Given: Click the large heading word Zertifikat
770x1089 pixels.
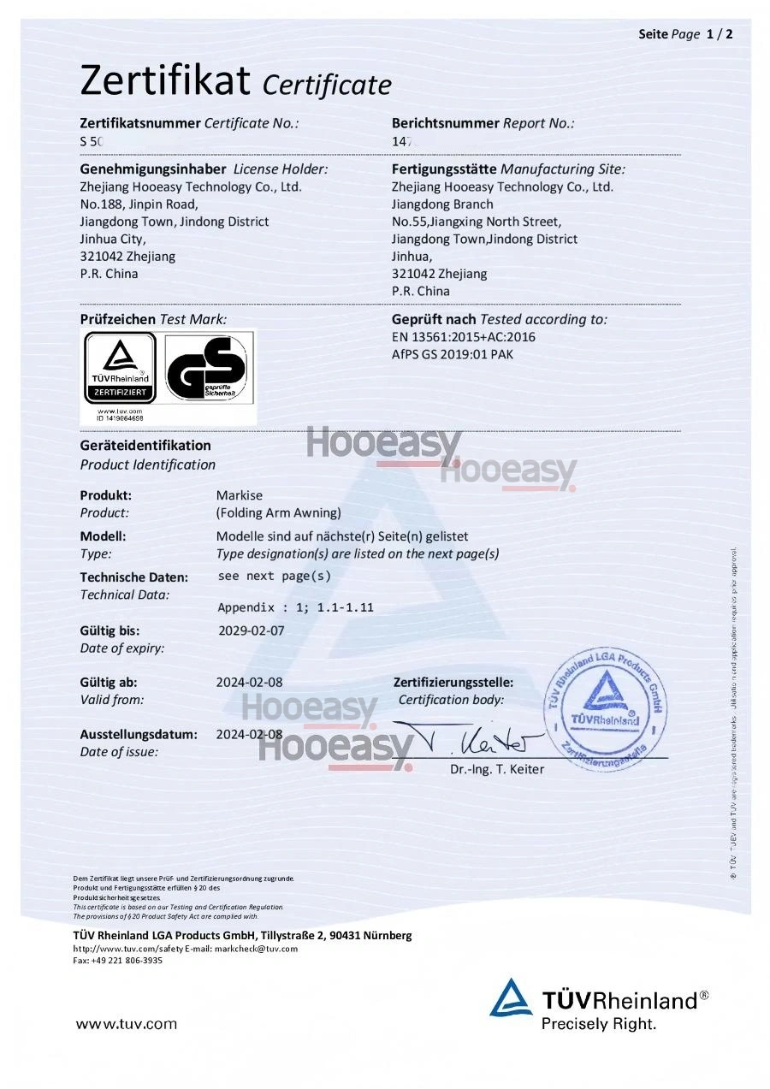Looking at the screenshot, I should (x=165, y=81).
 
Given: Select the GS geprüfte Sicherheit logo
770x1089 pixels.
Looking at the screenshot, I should (x=208, y=368).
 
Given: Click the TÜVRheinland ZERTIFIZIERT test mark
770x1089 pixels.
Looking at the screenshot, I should (x=120, y=368).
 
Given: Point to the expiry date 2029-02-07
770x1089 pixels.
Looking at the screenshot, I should (x=251, y=630).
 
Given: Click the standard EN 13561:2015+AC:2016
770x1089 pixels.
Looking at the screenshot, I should (x=463, y=336).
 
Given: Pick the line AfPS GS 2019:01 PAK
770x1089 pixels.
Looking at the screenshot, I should (x=453, y=353).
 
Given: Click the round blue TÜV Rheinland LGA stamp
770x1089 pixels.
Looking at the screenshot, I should (x=607, y=706).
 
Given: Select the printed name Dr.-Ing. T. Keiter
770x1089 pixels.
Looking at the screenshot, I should (x=497, y=769).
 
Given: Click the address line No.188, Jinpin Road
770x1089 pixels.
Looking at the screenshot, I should (x=139, y=204).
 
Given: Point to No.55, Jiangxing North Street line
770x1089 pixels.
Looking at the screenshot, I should (x=477, y=222).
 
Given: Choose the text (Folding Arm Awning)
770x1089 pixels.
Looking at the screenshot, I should (x=279, y=512).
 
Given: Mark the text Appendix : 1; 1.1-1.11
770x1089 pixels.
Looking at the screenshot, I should (x=295, y=607).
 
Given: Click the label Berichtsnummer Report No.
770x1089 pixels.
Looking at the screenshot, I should (x=483, y=123).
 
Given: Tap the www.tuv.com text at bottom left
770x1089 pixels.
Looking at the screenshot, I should (x=127, y=1023).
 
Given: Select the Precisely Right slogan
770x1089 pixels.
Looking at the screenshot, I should (x=599, y=1023).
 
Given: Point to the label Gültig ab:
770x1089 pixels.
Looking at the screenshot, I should (x=109, y=683).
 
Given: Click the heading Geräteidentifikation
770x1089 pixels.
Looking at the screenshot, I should (x=145, y=445).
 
